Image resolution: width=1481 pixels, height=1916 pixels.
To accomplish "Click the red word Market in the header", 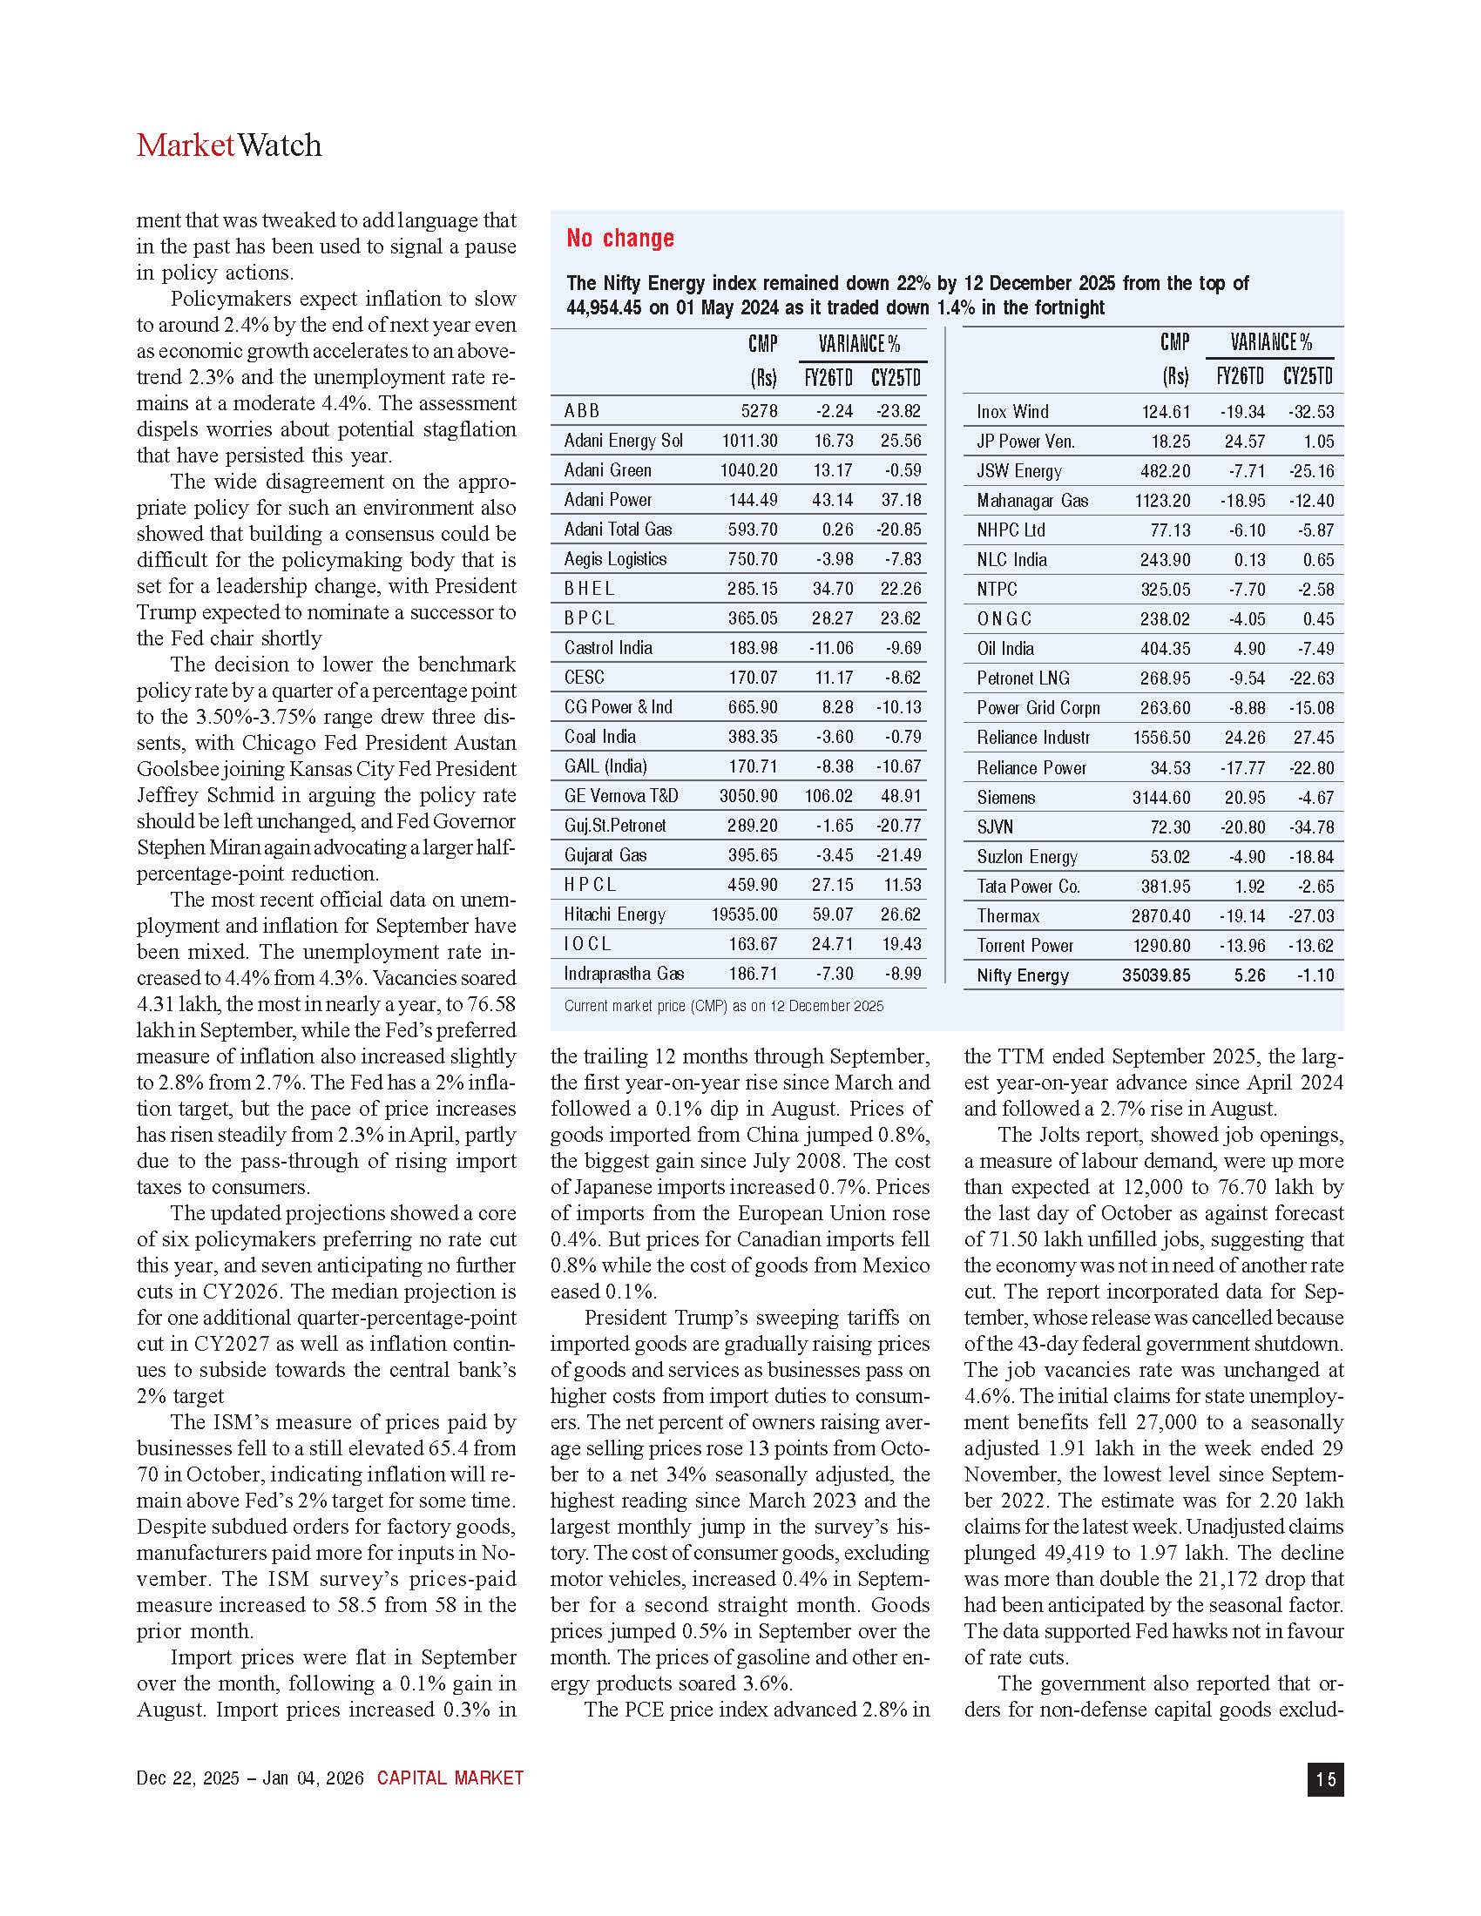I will point(185,145).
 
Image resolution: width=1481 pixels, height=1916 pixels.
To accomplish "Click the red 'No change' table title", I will point(619,238).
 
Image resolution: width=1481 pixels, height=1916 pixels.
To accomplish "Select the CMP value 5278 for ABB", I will point(759,410).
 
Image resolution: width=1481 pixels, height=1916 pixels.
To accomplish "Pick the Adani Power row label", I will point(607,499).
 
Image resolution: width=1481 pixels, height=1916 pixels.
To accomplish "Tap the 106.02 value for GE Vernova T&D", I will point(828,796).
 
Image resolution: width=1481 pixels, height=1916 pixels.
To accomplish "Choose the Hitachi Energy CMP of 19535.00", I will point(744,914).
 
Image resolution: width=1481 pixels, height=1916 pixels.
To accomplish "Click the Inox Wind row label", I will point(1011,411).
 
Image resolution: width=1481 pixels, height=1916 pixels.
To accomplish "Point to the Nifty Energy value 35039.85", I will point(1155,975).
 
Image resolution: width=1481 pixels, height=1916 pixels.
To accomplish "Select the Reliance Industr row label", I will point(1032,738).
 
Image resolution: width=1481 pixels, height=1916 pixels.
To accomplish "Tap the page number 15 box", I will point(1325,1778).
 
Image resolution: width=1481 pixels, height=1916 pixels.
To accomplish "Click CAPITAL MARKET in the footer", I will point(450,1778).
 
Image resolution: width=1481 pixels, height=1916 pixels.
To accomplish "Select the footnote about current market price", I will point(723,1006).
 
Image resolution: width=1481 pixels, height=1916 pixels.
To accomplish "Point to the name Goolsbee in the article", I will point(177,769).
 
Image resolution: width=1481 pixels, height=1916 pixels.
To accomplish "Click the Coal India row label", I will point(599,737).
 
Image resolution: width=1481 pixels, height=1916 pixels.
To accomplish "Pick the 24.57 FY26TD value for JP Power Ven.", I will point(1244,442).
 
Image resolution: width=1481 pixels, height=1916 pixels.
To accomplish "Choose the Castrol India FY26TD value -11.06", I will point(830,648).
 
